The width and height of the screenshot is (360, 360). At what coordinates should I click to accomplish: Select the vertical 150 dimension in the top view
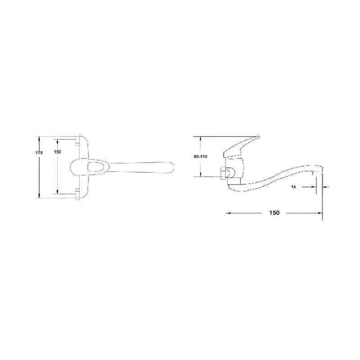tap(58, 152)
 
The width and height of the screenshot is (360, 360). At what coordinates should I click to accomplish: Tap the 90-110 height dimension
tap(200, 157)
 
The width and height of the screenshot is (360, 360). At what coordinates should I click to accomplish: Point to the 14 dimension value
tap(293, 187)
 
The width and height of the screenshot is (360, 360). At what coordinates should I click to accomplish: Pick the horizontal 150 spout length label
tap(274, 213)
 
